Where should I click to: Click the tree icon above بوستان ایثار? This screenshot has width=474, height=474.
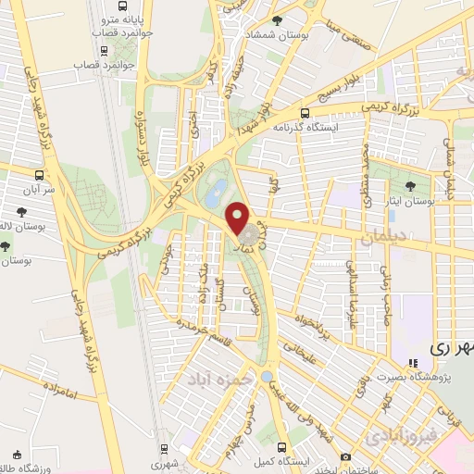coord(411,187)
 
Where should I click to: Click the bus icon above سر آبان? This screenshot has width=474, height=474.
coord(39,174)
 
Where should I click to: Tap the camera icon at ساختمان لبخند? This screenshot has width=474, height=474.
coord(346,456)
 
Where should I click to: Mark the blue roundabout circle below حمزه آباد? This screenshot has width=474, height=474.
coord(267,377)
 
